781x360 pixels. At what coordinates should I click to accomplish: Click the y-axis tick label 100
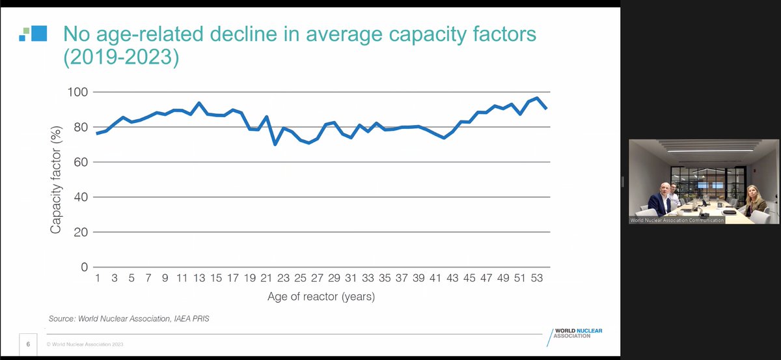[x=77, y=92]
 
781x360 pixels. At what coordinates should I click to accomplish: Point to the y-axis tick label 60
[x=81, y=162]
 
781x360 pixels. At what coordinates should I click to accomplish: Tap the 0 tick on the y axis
[x=85, y=267]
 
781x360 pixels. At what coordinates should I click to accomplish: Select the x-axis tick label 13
[x=199, y=278]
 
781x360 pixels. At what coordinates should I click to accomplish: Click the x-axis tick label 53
[x=536, y=278]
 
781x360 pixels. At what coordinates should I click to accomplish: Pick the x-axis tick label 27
[x=318, y=278]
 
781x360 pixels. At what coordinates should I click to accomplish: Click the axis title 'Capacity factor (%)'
[x=56, y=180]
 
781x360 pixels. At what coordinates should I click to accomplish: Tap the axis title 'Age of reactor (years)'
[x=321, y=296]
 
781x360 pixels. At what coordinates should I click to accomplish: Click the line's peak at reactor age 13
[x=199, y=104]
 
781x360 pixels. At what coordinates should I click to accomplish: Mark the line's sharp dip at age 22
[x=275, y=144]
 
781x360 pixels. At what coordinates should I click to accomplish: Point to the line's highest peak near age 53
[x=537, y=98]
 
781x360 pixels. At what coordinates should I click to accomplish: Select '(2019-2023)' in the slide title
[x=121, y=57]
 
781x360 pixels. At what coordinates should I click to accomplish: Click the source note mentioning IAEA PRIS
[x=129, y=318]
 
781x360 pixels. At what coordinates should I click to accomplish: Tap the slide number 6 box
[x=28, y=344]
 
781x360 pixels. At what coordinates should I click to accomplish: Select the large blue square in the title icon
[x=39, y=33]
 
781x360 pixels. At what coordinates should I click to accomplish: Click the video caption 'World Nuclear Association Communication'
[x=677, y=220]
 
